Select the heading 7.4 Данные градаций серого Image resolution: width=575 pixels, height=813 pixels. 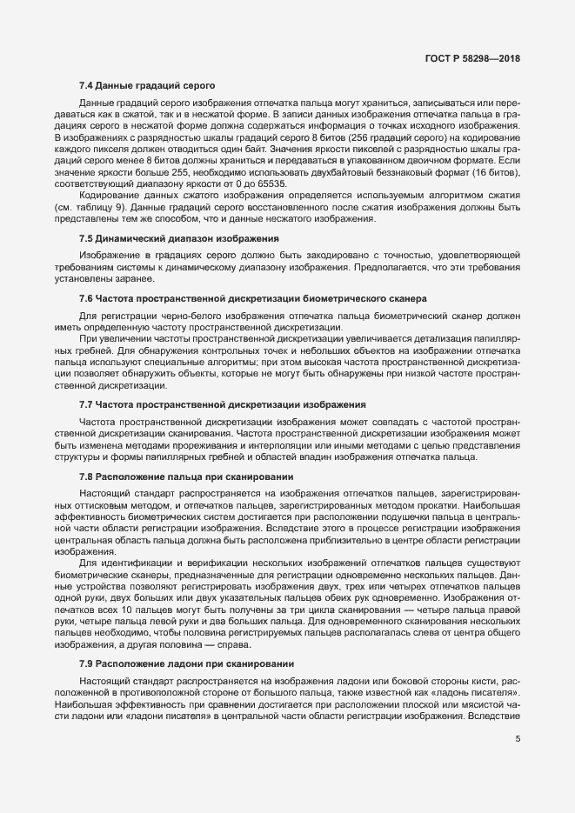(141, 85)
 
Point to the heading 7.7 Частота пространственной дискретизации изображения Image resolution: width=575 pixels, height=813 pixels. (222, 405)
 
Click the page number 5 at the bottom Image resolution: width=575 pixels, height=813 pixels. (518, 741)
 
